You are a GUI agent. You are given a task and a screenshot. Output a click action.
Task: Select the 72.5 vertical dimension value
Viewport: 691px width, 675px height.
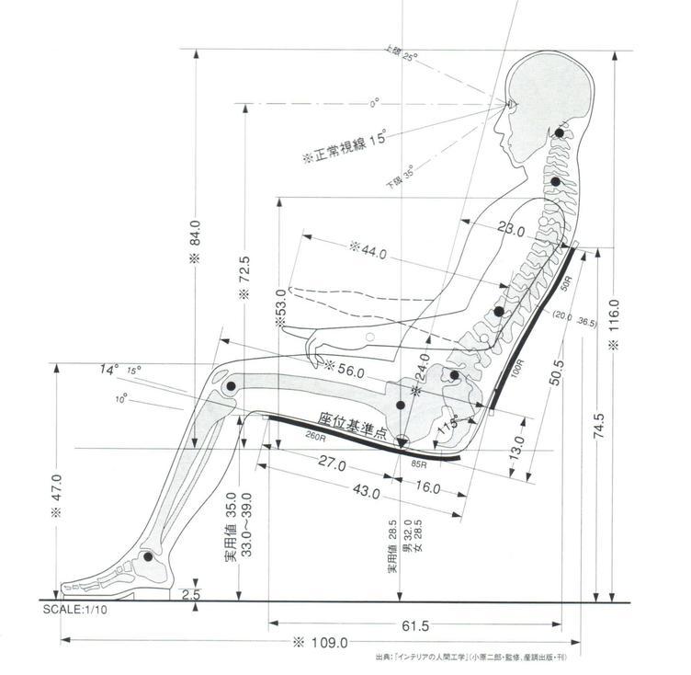point(245,273)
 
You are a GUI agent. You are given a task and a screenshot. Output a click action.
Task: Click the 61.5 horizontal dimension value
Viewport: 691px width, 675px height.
point(414,625)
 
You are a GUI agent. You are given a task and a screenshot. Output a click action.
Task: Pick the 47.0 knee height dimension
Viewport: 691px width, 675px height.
point(57,497)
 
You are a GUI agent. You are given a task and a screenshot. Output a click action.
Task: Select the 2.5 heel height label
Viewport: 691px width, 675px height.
point(191,595)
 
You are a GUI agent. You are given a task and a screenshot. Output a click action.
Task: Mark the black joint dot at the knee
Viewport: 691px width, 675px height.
point(230,387)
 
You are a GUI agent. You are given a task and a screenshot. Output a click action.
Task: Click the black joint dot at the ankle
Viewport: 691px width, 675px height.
point(148,556)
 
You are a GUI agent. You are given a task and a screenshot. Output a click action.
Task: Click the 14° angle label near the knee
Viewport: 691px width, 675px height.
point(109,370)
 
